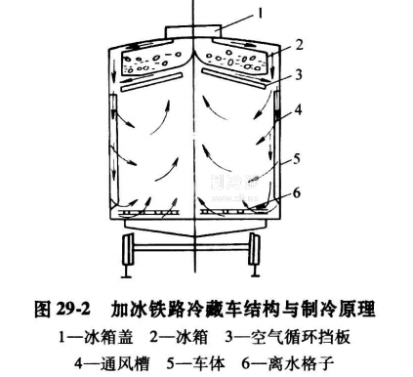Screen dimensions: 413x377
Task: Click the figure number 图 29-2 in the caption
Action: [x=62, y=310]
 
